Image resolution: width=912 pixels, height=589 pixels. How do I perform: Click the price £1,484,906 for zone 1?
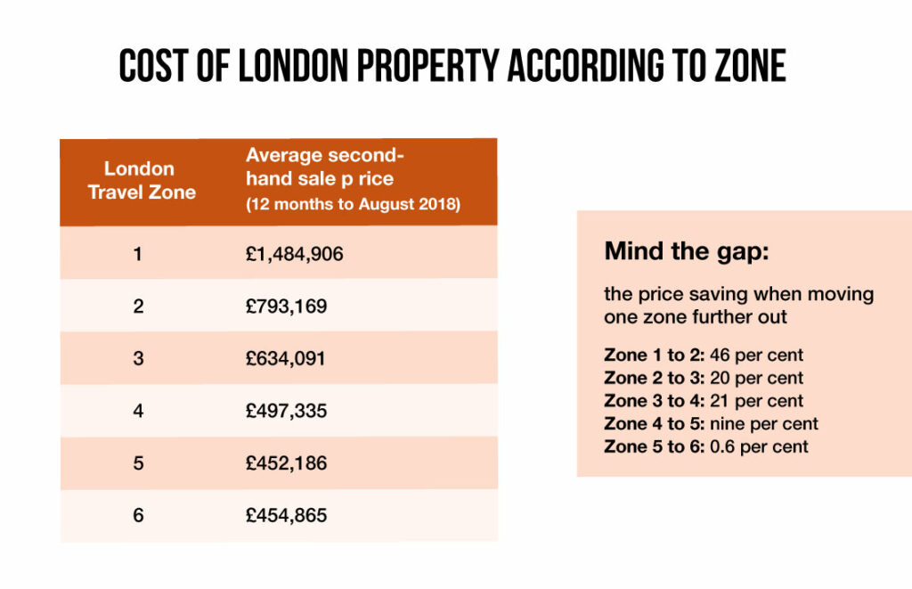coord(294,254)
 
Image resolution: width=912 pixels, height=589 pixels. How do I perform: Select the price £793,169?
coord(286,307)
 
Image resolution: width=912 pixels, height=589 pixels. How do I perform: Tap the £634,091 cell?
coord(286,359)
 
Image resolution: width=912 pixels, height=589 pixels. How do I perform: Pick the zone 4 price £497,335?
coord(286,411)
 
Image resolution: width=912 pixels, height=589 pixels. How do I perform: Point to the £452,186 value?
coord(286,463)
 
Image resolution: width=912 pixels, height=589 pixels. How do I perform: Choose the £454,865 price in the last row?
coord(286,515)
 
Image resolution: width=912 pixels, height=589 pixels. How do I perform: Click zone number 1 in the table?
coord(138,254)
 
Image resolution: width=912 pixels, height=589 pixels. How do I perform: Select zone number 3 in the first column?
coord(138,359)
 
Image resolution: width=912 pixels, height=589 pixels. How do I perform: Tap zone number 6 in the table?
coord(138,515)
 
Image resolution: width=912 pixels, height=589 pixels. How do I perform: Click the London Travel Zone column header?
coord(141,180)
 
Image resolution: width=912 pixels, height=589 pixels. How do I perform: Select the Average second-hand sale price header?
coord(319,167)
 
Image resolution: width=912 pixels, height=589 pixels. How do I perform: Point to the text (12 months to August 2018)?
coord(353,205)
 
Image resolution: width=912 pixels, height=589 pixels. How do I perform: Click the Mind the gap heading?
coord(686,251)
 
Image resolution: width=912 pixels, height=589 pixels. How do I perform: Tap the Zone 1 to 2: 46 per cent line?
coord(704,356)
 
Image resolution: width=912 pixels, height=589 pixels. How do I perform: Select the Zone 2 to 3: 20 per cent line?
coord(704,378)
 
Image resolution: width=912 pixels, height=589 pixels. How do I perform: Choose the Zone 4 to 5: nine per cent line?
coord(711,424)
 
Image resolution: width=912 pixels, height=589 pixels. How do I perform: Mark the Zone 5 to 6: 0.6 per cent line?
coord(706,446)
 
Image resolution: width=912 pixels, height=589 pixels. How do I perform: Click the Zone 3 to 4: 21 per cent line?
coord(704,401)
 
